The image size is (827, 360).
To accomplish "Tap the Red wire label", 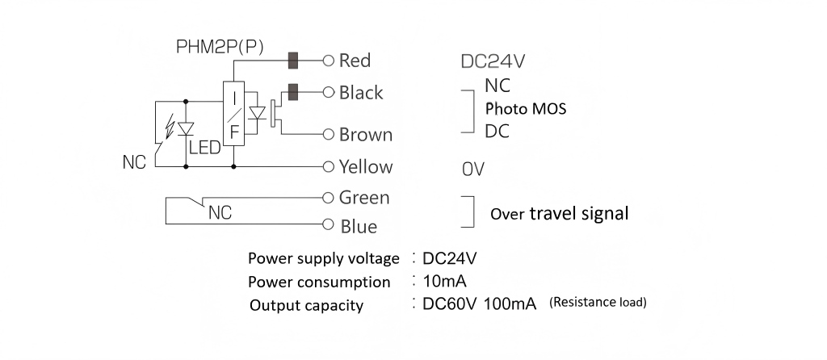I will [355, 61].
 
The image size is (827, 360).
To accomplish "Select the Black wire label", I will [361, 93].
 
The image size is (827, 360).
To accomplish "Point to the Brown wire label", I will [366, 135].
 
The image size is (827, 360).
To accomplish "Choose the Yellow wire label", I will [366, 167].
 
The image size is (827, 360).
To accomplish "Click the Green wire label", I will [364, 197].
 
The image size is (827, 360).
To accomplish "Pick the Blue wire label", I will [359, 227].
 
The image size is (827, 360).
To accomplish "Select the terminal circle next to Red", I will [328, 61].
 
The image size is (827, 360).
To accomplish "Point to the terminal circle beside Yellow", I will [328, 167].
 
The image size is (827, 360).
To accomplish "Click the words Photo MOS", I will [525, 109].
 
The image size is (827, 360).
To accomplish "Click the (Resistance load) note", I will [598, 304].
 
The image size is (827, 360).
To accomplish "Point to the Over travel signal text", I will [560, 215].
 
